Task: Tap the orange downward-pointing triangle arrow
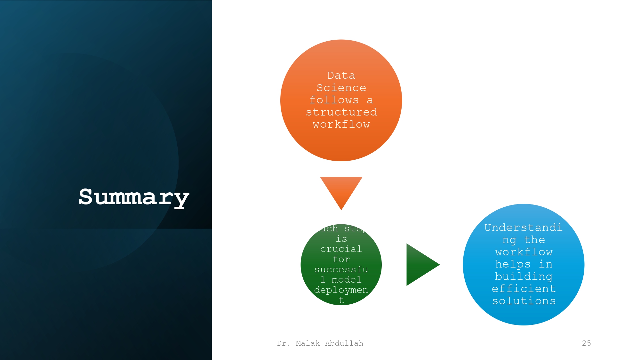tap(341, 189)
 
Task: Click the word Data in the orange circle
tap(341, 76)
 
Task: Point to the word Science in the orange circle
tap(341, 88)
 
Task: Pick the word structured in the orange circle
tap(341, 112)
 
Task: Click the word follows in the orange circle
tap(334, 100)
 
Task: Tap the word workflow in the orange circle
tap(341, 124)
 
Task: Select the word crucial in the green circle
tap(341, 249)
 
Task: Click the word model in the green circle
tap(347, 280)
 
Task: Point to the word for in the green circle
tap(341, 259)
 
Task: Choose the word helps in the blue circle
tap(513, 264)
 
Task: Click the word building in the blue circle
tap(524, 276)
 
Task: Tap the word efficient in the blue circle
tap(524, 289)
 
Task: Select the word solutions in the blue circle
tap(524, 301)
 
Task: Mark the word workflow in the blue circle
tap(524, 252)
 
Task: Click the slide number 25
tap(586, 343)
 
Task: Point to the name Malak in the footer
tap(308, 343)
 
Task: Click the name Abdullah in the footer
tap(344, 343)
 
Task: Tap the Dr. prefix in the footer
tap(284, 343)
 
